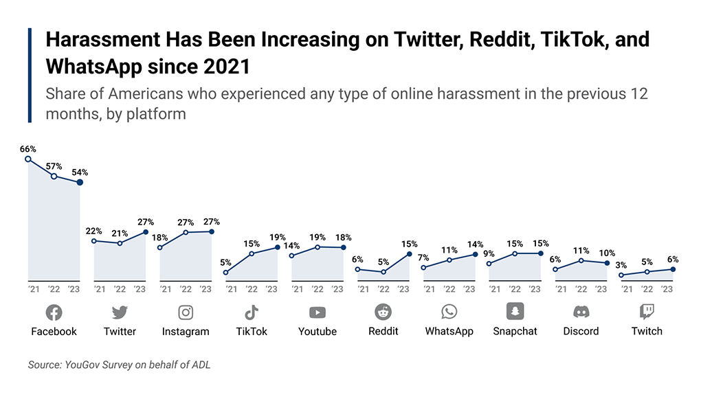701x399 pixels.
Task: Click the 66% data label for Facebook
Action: [28, 149]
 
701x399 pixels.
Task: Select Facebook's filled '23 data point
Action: [80, 182]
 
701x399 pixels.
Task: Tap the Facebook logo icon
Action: [54, 312]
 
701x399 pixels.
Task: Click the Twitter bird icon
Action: [120, 312]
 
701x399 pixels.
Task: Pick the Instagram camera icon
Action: [186, 312]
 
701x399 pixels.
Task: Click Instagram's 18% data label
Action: [159, 238]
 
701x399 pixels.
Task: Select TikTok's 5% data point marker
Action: [226, 273]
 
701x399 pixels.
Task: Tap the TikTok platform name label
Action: [252, 331]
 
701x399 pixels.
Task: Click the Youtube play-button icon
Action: [318, 312]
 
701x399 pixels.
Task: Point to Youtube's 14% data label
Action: [291, 246]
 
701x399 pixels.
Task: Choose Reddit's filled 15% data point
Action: [410, 254]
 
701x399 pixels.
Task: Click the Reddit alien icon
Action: [383, 312]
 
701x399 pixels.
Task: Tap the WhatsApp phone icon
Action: [449, 312]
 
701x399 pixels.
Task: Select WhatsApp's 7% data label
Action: [423, 258]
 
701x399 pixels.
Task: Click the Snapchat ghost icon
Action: [515, 312]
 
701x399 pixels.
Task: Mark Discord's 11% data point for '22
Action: [581, 260]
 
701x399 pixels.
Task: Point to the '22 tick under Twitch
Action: [647, 289]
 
